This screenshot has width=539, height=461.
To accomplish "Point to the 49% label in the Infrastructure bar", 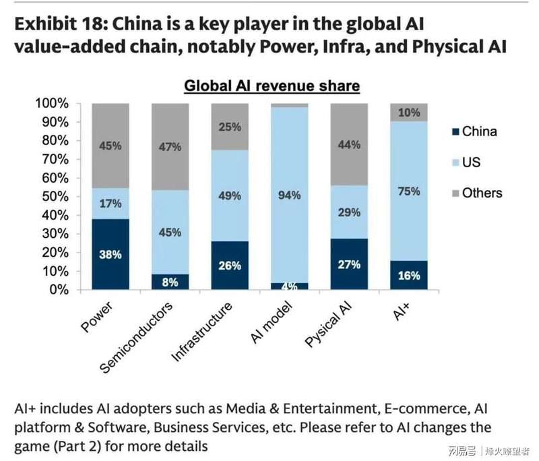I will click(x=230, y=196).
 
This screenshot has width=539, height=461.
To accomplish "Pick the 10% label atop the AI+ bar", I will click(x=409, y=113).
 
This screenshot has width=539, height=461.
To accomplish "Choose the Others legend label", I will click(x=482, y=193).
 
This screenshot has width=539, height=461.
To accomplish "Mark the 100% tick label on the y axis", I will click(x=53, y=104).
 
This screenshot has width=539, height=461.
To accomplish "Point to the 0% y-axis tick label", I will click(x=58, y=290).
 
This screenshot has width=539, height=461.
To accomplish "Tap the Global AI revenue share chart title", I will click(x=272, y=86).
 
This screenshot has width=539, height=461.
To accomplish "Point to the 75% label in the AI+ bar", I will click(x=409, y=191).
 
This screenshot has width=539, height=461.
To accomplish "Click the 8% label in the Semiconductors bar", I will click(x=170, y=282).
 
